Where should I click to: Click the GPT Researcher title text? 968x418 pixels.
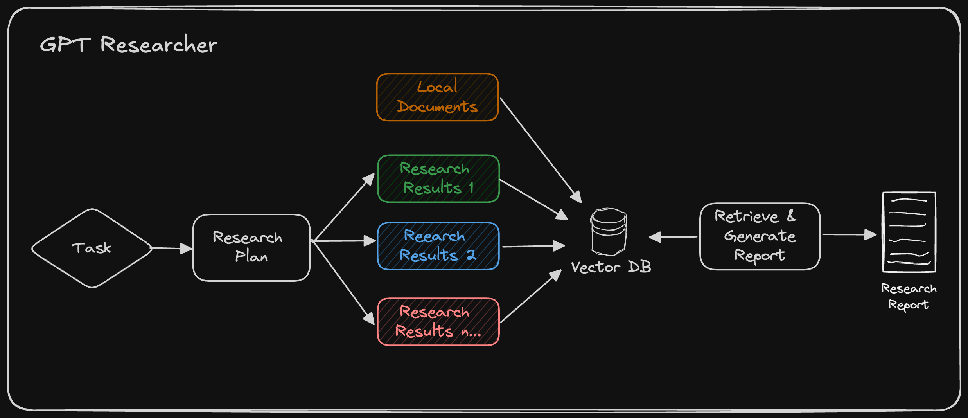pyautogui.click(x=128, y=44)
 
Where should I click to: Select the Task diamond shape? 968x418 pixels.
pyautogui.click(x=92, y=248)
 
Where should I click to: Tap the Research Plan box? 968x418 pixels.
pyautogui.click(x=251, y=247)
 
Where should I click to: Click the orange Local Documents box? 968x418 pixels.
pyautogui.click(x=437, y=97)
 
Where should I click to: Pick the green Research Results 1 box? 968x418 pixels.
pyautogui.click(x=438, y=178)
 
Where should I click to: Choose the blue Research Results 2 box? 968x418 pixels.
pyautogui.click(x=438, y=246)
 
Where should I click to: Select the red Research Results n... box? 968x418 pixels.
pyautogui.click(x=438, y=322)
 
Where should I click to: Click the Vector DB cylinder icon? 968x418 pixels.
pyautogui.click(x=609, y=231)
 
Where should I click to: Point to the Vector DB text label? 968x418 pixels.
pyautogui.click(x=611, y=267)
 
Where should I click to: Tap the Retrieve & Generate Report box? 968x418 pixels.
pyautogui.click(x=760, y=236)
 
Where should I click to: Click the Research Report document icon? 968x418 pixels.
pyautogui.click(x=909, y=232)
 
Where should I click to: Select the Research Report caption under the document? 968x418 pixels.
pyautogui.click(x=909, y=296)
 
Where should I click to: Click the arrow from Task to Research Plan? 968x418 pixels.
pyautogui.click(x=171, y=248)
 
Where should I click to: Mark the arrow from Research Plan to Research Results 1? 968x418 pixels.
pyautogui.click(x=343, y=207)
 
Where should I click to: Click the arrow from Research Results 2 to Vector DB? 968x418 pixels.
pyautogui.click(x=533, y=246)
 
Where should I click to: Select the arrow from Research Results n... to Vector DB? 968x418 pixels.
pyautogui.click(x=531, y=296)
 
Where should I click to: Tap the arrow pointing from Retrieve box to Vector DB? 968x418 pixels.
pyautogui.click(x=673, y=237)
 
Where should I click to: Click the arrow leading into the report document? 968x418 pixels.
pyautogui.click(x=849, y=234)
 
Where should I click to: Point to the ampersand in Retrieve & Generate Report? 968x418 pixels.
pyautogui.click(x=791, y=215)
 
